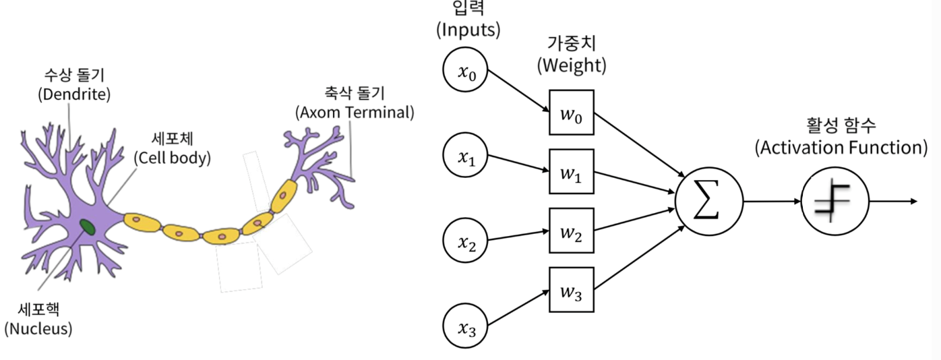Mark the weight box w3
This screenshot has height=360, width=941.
click(571, 290)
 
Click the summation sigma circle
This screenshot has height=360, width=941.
click(708, 201)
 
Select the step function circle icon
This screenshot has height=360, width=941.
click(834, 201)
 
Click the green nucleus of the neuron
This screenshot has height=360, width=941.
click(88, 227)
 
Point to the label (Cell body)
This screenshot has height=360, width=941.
click(172, 158)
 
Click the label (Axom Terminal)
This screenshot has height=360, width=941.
click(355, 112)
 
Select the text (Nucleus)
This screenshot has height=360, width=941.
click(38, 329)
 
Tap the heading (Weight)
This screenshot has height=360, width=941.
click(571, 66)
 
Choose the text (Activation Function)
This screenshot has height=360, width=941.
click(841, 148)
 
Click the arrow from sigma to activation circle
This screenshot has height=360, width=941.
click(772, 201)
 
